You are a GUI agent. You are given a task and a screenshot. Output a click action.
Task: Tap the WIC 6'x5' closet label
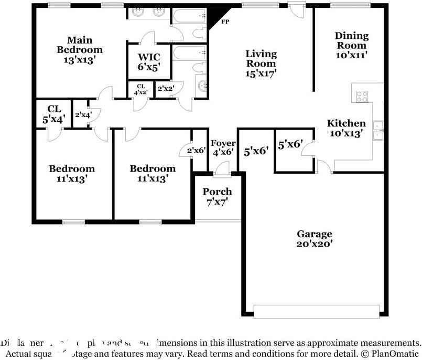(x=149, y=62)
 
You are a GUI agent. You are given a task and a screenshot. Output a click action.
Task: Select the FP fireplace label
(x=225, y=23)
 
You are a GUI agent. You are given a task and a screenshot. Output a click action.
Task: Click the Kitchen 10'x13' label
(x=347, y=128)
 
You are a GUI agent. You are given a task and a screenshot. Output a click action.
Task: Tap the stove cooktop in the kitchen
(x=362, y=96)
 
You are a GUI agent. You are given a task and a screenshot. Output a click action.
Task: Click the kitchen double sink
(x=378, y=130)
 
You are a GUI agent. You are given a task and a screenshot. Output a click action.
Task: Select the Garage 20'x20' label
(x=315, y=239)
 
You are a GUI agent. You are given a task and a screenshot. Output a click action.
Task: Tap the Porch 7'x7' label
(x=217, y=196)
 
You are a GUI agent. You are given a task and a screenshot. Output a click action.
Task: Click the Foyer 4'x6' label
(x=223, y=148)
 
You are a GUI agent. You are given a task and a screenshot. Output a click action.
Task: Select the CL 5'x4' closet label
(x=54, y=114)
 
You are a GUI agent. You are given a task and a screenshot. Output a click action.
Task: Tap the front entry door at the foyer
(x=222, y=168)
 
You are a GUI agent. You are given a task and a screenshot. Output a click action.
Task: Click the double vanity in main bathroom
(x=148, y=13)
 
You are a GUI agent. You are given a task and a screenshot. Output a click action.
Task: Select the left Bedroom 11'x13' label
(x=72, y=173)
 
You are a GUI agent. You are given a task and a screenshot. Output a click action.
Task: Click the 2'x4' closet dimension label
(x=83, y=114)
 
